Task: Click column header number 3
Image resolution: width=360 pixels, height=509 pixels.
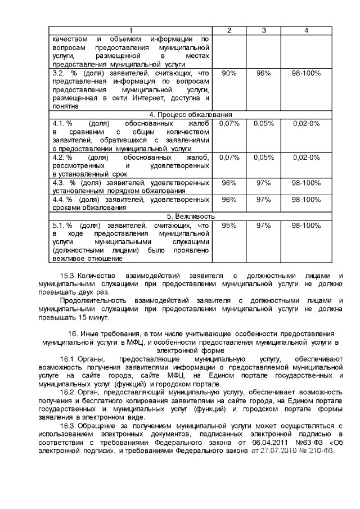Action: [x=263, y=30]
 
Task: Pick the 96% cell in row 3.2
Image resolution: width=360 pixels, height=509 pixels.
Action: [x=263, y=74]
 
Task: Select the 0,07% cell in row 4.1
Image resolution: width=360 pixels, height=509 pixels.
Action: [x=229, y=123]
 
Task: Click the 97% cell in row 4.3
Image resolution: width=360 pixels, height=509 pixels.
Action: [x=263, y=183]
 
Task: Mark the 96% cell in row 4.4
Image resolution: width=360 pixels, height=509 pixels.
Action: [x=229, y=200]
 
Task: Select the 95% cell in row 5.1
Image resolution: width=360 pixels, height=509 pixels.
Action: [x=229, y=225]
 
